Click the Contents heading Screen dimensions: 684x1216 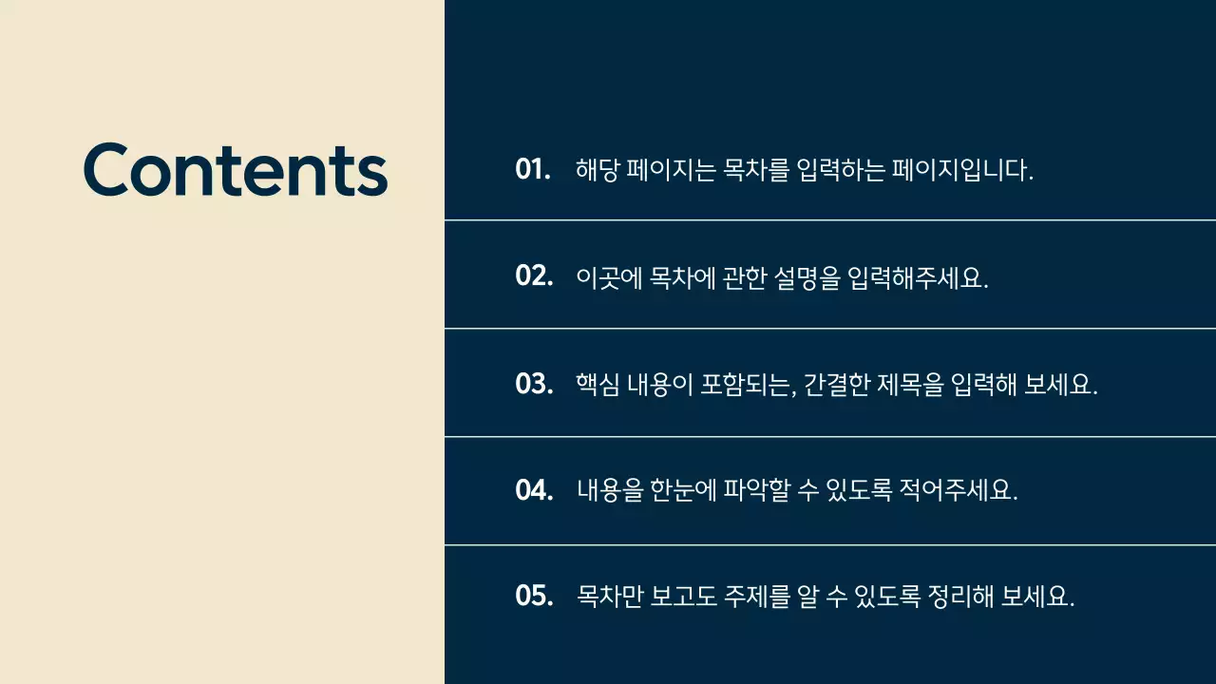pos(236,169)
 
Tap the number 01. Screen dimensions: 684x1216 pos(533,170)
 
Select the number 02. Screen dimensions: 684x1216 pos(534,276)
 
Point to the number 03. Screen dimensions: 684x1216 pos(534,385)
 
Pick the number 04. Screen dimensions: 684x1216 pos(534,491)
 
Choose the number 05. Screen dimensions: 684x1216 pos(534,597)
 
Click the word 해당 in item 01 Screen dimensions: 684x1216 pos(598,171)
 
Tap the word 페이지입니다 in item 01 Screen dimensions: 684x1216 pos(961,171)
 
